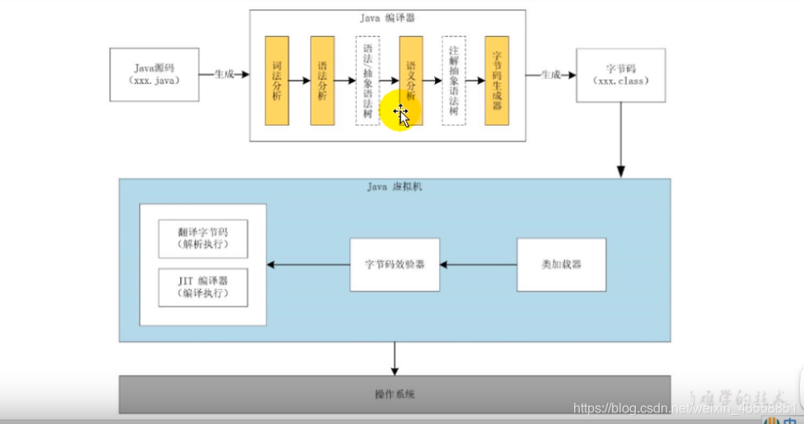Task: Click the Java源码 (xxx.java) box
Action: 154,74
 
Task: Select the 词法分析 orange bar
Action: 277,80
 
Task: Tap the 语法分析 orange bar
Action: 322,80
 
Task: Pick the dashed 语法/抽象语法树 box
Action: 367,80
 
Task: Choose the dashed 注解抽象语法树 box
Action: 453,80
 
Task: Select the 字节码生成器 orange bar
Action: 497,80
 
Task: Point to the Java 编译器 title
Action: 387,16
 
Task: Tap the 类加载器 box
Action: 562,265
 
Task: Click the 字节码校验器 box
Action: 395,265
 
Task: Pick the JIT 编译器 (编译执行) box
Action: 203,287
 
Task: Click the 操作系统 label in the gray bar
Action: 395,394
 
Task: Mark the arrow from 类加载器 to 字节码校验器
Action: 478,265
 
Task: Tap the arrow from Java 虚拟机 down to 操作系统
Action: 395,358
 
